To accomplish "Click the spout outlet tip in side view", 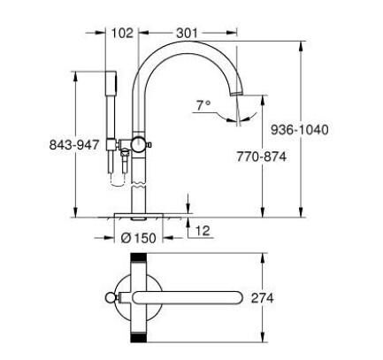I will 235,92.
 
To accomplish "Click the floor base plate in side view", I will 139,215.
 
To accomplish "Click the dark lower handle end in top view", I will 139,338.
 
